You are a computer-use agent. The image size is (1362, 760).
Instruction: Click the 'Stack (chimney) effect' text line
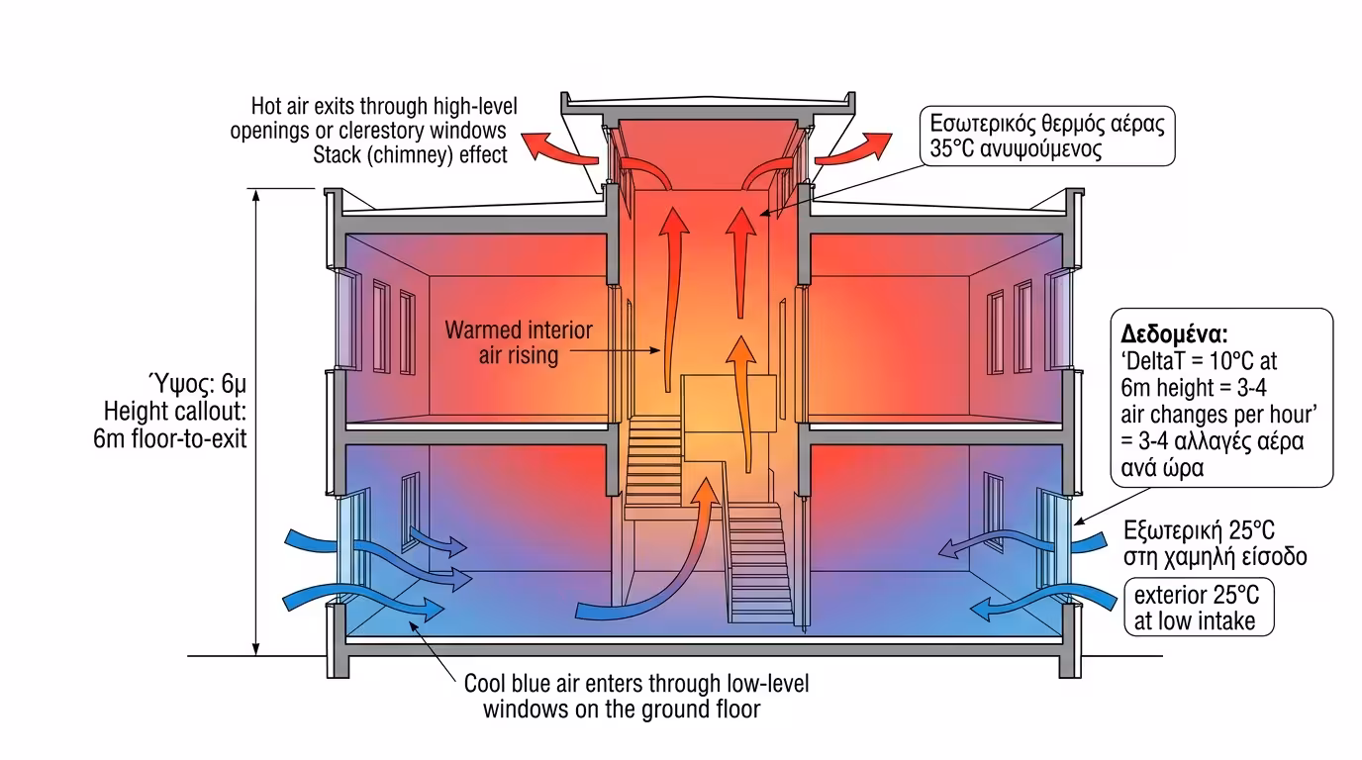(x=410, y=154)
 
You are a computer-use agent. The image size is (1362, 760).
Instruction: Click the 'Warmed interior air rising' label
(x=519, y=341)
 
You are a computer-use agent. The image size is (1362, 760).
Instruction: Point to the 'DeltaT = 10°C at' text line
(x=1200, y=361)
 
